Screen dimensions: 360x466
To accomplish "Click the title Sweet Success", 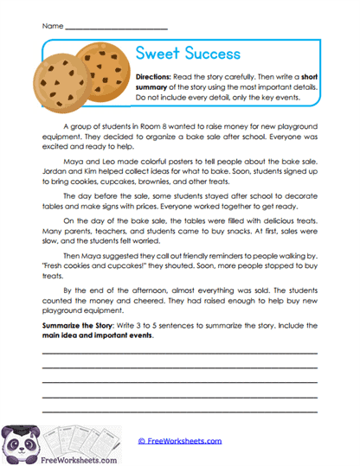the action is coord(188,54).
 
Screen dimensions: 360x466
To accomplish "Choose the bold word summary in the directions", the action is coord(152,87).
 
